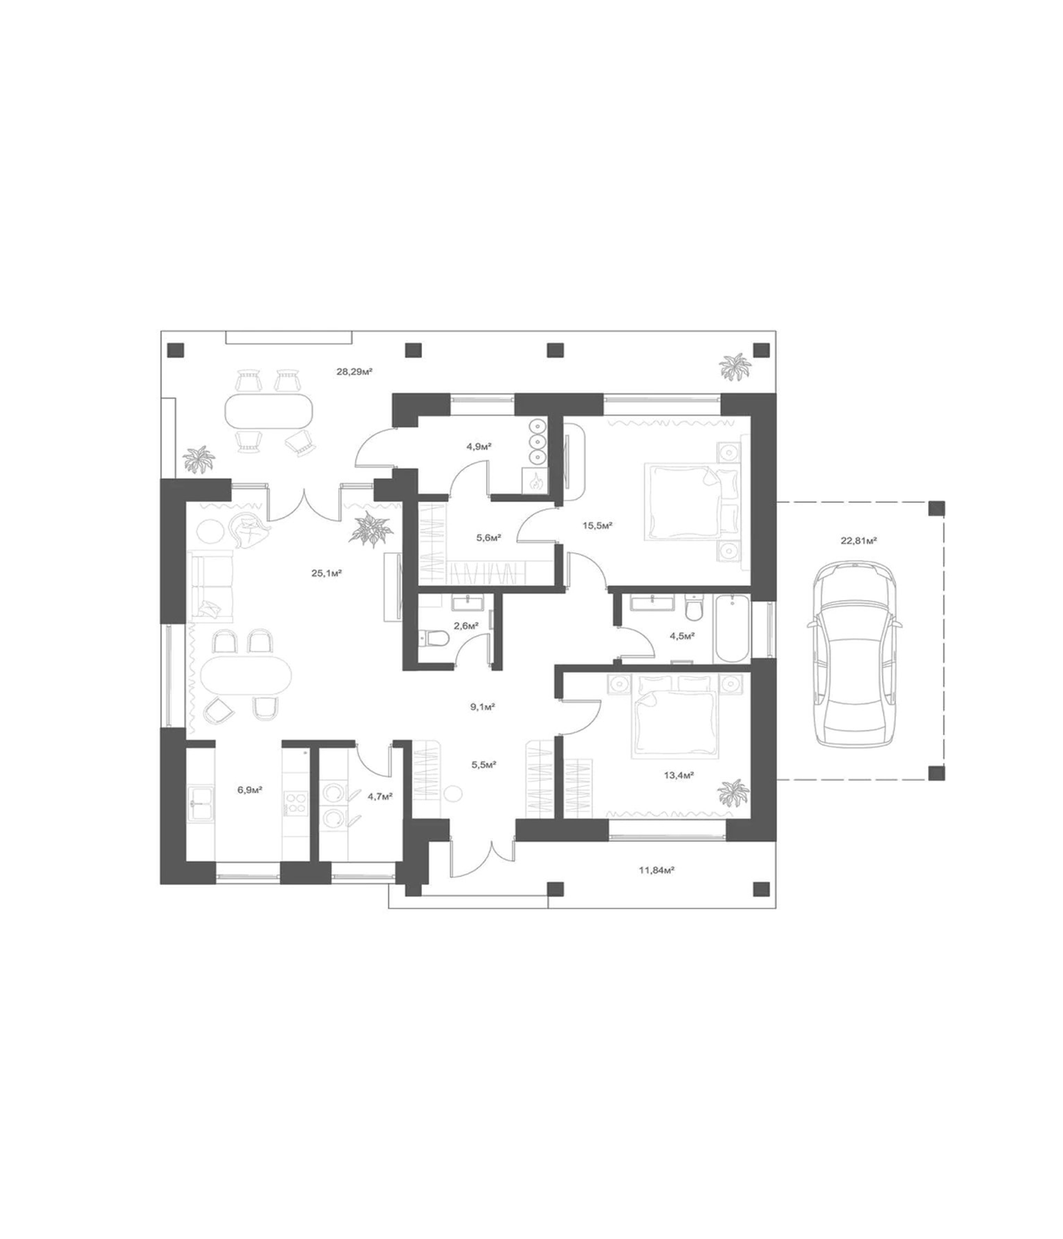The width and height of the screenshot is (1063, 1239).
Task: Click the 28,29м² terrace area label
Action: click(354, 371)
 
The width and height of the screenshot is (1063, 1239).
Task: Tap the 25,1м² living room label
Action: click(327, 573)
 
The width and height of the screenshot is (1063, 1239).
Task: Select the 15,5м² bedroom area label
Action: click(598, 526)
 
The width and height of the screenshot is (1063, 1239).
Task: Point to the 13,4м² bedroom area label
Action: click(679, 775)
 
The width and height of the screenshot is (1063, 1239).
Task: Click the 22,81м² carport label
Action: click(858, 541)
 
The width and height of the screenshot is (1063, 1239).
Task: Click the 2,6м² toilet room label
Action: click(466, 626)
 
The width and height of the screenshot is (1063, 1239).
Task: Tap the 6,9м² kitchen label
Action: click(250, 790)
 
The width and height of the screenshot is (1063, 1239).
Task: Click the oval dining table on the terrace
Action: click(269, 410)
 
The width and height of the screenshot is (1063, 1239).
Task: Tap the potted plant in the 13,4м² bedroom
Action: click(733, 793)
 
